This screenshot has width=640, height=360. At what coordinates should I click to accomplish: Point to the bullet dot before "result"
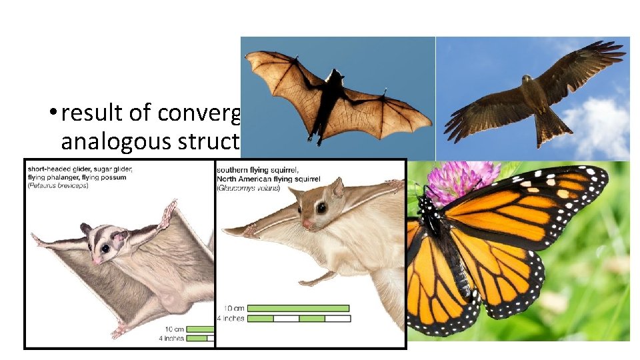(x=51, y=114)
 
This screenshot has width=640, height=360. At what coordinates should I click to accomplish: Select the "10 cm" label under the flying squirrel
(x=233, y=308)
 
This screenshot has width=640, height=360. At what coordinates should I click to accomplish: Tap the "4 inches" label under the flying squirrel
(x=231, y=319)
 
